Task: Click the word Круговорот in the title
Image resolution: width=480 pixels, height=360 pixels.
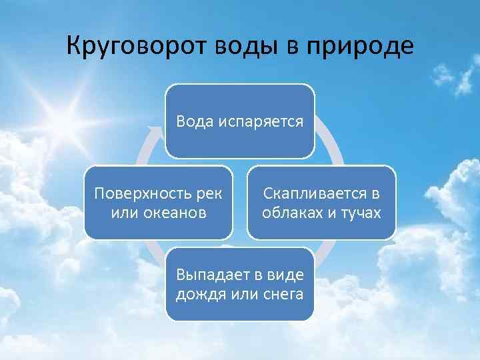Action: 136,46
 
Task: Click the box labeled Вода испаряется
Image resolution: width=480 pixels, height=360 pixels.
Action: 240,121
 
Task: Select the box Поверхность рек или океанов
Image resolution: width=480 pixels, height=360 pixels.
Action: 159,203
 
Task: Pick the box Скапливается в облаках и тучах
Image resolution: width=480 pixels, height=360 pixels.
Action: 321,203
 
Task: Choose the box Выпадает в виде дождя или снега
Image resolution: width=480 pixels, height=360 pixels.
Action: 240,284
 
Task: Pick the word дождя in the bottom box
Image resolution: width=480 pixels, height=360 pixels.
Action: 197,294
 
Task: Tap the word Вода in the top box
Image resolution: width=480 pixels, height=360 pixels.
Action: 191,121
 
